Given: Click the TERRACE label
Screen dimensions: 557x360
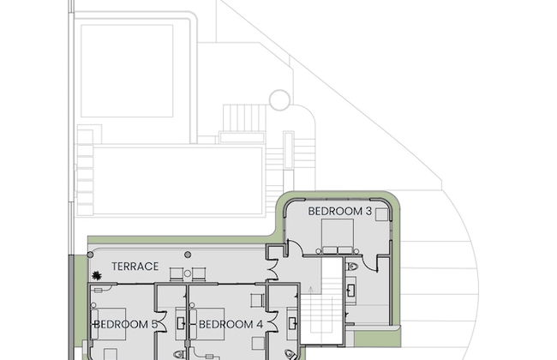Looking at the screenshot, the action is (135, 267).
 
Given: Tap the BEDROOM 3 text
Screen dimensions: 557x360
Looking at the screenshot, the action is (339, 211).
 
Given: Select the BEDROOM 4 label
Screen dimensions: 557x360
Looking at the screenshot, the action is (231, 324).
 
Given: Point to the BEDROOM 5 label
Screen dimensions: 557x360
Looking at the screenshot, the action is (125, 324).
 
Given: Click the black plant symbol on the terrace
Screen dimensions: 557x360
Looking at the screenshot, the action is (96, 275).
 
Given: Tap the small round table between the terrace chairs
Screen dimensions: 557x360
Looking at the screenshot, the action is (188, 273).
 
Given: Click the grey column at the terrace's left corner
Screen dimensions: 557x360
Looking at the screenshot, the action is (91, 255).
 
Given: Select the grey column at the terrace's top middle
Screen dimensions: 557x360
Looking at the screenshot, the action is (188, 255).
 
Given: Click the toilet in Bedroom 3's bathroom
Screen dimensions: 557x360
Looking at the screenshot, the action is (351, 267).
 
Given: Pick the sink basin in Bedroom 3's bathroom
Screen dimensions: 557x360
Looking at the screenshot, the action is (351, 291).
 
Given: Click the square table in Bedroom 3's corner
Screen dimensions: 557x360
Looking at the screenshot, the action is (381, 214).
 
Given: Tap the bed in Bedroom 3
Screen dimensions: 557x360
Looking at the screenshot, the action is (338, 237).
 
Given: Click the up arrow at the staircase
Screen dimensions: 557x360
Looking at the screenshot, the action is (311, 290).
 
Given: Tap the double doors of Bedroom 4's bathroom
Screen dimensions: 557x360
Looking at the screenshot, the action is (273, 322).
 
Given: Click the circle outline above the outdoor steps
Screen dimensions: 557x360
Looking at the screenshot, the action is (280, 100).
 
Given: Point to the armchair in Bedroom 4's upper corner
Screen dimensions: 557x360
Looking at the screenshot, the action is (257, 300).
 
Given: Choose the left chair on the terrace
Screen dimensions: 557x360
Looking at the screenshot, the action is (177, 274).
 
